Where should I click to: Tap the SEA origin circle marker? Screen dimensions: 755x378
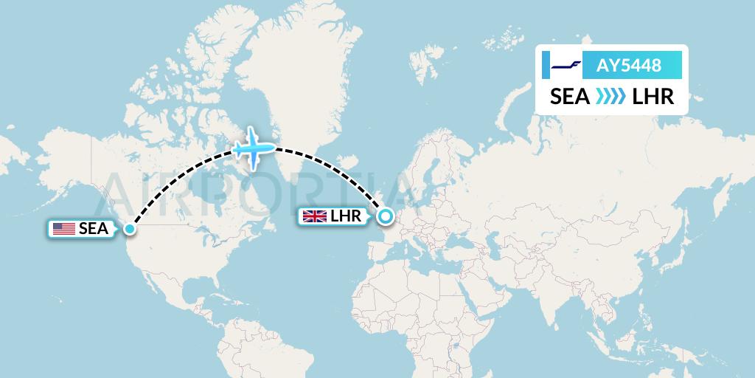(x=130, y=229)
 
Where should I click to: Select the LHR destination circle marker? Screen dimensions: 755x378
(x=385, y=216)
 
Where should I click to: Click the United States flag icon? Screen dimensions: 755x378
(x=64, y=229)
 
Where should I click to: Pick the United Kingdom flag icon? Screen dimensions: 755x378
(x=314, y=216)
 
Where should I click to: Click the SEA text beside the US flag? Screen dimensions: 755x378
(x=94, y=229)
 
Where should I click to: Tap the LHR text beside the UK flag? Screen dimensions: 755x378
(x=346, y=216)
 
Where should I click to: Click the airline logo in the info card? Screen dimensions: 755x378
(x=566, y=66)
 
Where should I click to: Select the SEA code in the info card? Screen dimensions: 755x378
(x=570, y=97)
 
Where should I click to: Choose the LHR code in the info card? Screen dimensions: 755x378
(x=653, y=97)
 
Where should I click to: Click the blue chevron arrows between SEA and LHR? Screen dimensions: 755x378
(x=610, y=97)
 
